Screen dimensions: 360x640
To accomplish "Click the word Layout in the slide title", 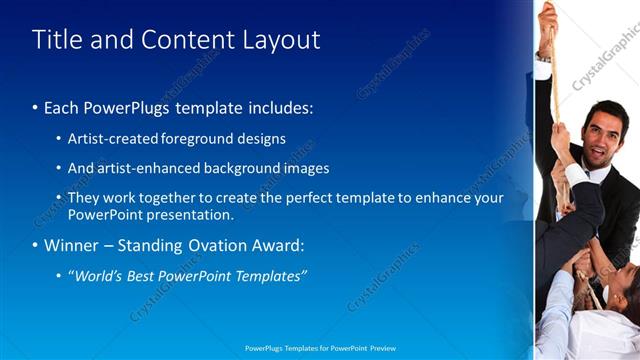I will tap(281, 40).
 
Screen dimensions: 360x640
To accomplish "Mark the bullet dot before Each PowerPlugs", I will tap(36, 108).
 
